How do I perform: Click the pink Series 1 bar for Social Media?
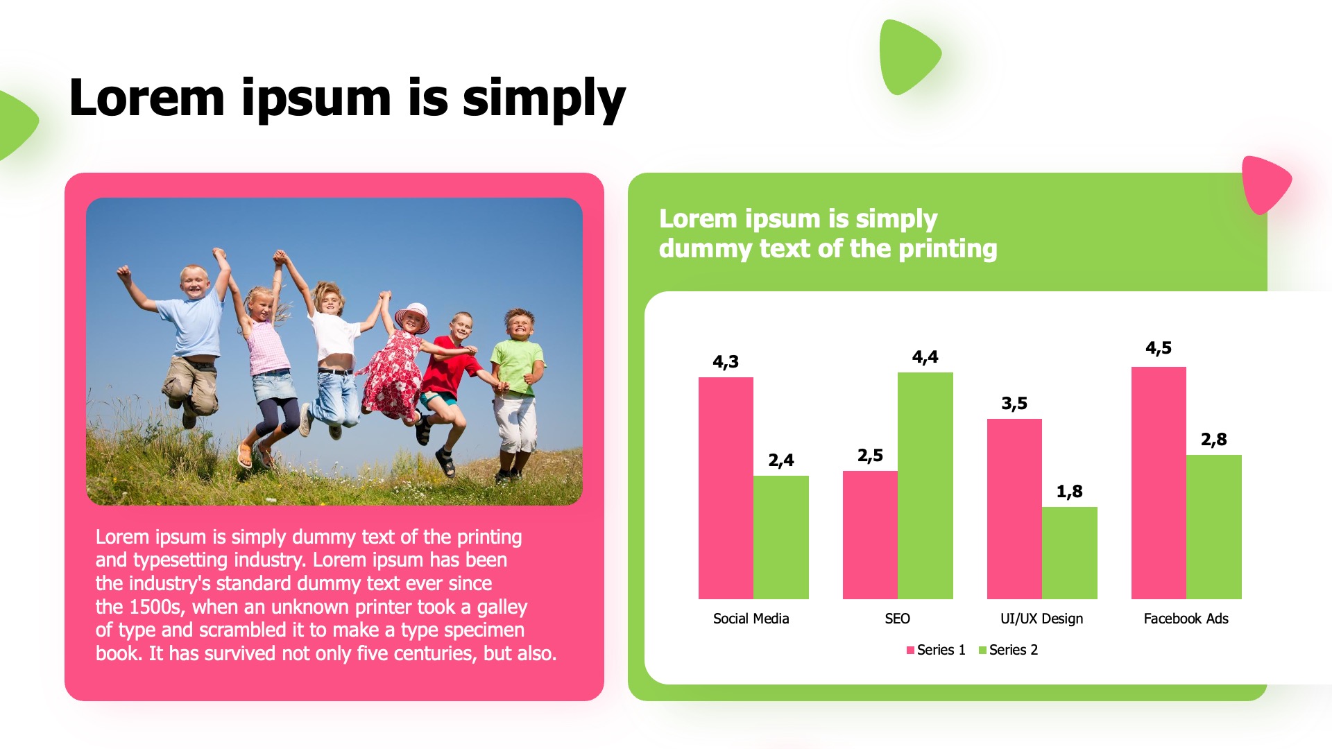click(726, 488)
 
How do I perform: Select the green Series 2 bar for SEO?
click(925, 485)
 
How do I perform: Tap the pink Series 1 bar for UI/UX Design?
click(1014, 509)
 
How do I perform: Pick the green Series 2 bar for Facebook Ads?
click(1214, 527)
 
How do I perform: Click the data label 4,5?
click(1159, 348)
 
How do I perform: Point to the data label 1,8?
click(1070, 492)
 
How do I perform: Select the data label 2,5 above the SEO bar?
click(870, 456)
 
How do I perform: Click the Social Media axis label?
click(751, 619)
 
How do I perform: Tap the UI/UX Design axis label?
click(1042, 619)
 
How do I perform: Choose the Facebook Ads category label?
click(1186, 619)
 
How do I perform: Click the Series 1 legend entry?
click(936, 650)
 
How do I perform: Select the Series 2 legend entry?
click(1008, 650)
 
